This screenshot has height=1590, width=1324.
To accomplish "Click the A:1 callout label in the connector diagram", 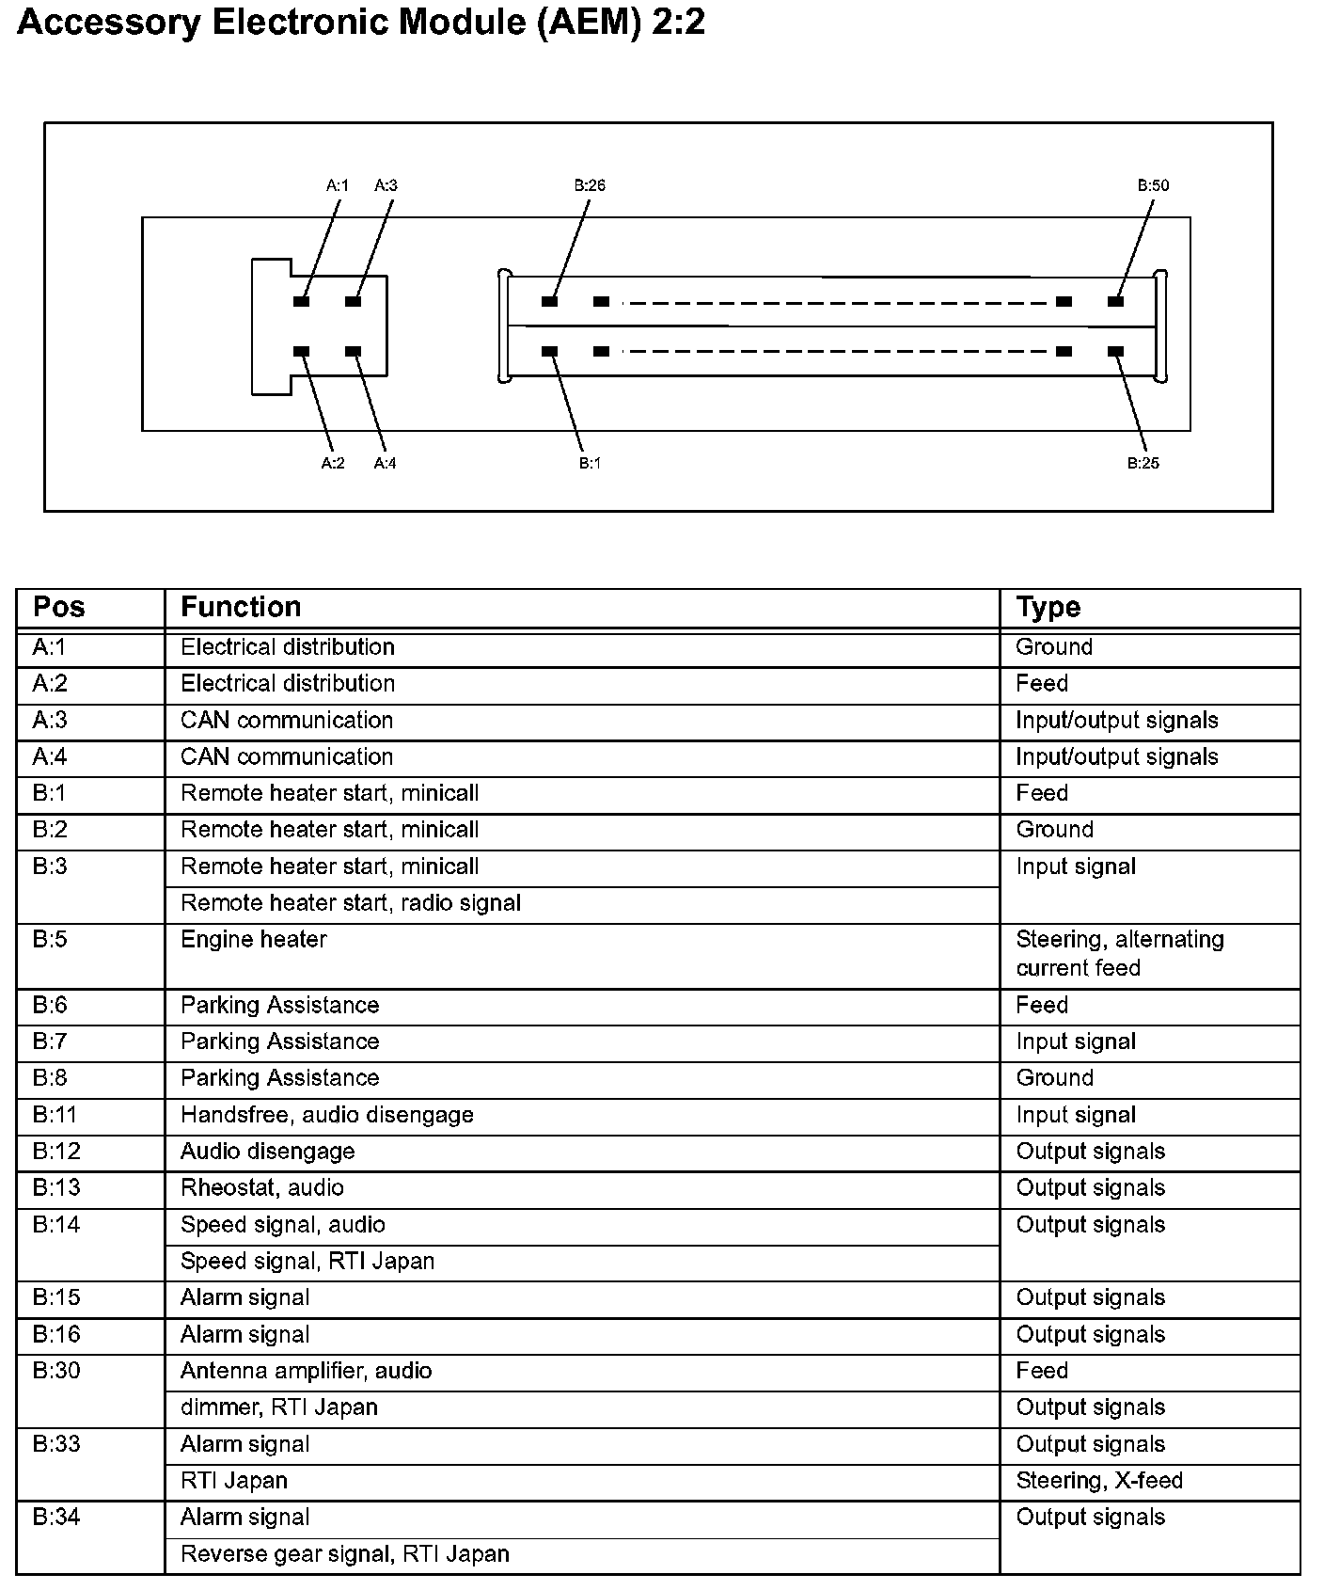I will point(338,185).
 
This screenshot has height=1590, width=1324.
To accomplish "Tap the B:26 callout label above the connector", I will point(590,185).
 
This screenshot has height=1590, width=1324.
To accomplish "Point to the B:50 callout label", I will point(1153,185).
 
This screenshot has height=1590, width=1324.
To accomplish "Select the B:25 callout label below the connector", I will point(1143,463).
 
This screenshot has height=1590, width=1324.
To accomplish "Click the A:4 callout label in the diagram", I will point(385,463).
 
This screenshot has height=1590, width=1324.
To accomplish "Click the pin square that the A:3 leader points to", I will point(353,301).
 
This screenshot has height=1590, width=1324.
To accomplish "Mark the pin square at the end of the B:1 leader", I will point(550,351).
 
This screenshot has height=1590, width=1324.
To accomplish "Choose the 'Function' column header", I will point(241,608).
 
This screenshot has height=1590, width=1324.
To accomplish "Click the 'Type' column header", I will point(1048,608).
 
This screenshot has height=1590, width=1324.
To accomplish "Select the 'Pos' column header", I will point(58,608).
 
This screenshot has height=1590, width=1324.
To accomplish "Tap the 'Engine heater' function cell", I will point(254,939).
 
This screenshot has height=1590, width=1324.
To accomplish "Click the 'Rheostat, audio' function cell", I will point(262,1187).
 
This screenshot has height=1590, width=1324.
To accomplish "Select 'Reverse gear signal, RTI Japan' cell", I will point(345,1553).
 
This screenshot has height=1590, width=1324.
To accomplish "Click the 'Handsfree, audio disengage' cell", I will point(327,1115).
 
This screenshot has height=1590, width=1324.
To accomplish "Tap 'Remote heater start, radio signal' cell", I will point(351,903).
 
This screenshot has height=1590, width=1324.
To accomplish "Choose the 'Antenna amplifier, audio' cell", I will point(307,1371).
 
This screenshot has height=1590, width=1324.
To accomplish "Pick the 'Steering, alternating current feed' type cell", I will point(1120,953).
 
